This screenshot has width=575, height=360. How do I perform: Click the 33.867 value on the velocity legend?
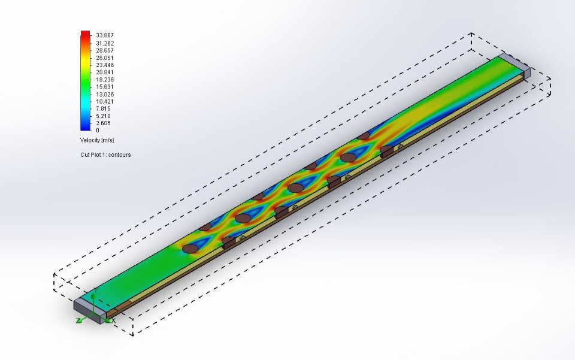tap(105, 35)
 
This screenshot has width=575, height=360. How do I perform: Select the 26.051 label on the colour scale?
tap(105, 58)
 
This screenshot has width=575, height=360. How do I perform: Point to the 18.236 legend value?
tap(105, 80)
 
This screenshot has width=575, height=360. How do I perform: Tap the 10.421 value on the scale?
tap(105, 102)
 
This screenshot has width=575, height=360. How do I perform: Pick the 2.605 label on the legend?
tap(104, 123)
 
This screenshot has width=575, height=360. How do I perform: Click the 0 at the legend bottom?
tap(98, 130)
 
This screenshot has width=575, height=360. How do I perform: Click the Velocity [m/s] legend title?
tap(97, 140)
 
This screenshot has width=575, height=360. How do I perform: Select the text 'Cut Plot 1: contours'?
tap(105, 155)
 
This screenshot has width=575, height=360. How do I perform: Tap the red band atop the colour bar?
tap(85, 34)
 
